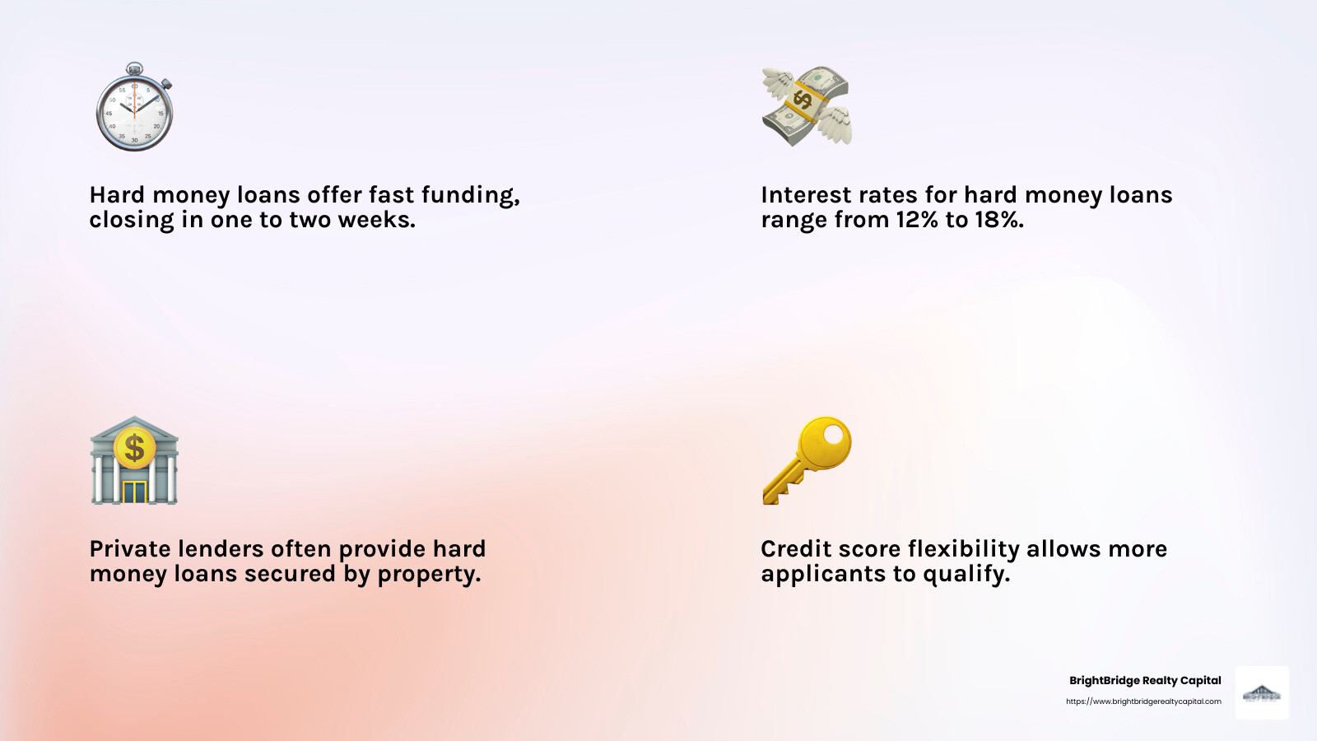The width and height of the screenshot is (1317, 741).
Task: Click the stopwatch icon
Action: click(134, 109)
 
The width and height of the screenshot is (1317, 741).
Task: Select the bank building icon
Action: click(134, 461)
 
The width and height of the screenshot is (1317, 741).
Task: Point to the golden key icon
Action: click(807, 459)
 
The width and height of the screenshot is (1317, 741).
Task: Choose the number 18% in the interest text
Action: click(997, 220)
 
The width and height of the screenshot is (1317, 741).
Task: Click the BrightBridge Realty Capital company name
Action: click(1145, 681)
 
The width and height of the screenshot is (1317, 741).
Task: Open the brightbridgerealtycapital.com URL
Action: click(1143, 701)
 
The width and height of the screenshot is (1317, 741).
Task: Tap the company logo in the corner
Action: click(1262, 693)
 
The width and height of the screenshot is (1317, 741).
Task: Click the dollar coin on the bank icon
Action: click(135, 448)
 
